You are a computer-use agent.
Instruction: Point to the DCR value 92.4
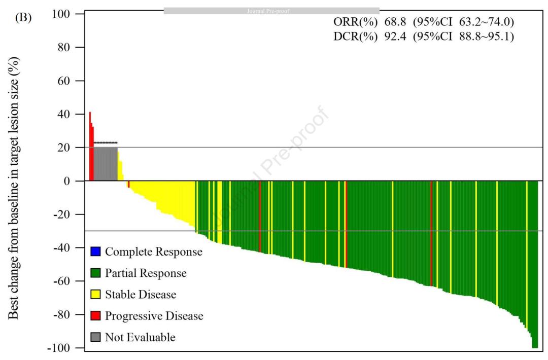(x=395, y=37)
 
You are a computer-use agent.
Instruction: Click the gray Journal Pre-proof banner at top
(x=271, y=11)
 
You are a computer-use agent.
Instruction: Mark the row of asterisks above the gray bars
(x=106, y=143)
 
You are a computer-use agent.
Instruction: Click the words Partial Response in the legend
(x=146, y=273)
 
